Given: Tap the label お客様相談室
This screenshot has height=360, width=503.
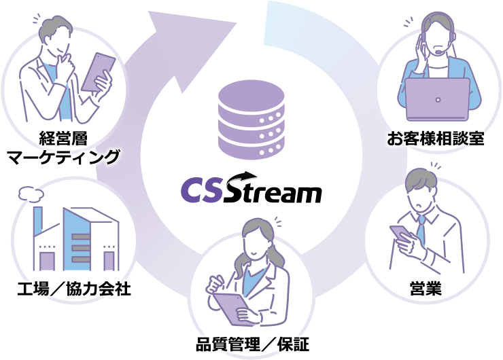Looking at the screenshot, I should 435,139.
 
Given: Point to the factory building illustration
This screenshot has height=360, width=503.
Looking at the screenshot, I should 75,238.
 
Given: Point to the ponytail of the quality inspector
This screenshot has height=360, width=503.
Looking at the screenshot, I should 275,255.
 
